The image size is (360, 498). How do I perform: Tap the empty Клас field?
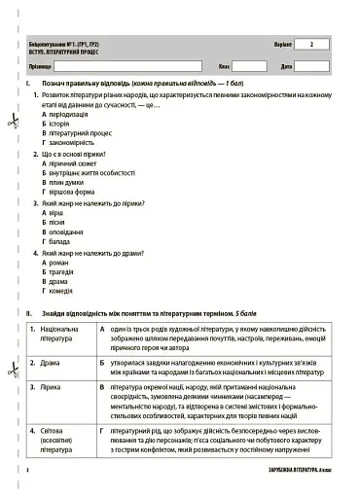(249, 66)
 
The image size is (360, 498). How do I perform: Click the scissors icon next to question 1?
(12, 122)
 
